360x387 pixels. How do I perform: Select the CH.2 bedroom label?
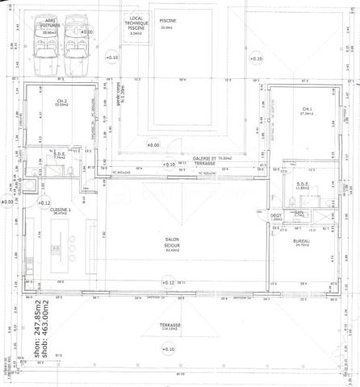[61, 101]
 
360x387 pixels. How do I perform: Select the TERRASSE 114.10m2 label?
[170, 327]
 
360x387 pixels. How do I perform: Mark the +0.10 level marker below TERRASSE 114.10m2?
[169, 348]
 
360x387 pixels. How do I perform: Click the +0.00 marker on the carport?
[86, 31]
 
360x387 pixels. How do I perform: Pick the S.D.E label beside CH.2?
[59, 155]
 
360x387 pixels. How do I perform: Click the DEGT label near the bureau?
[276, 216]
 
